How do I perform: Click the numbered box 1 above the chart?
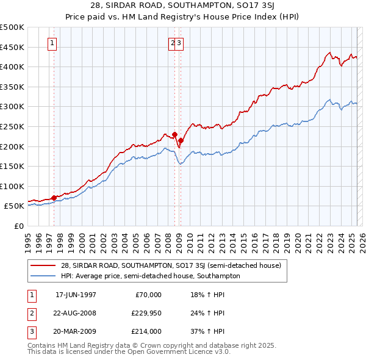(53, 43)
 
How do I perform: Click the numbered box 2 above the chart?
(173, 43)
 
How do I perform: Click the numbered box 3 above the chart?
(181, 43)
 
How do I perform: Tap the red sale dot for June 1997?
(54, 198)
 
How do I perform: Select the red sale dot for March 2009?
(181, 140)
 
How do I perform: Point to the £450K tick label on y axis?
(13, 47)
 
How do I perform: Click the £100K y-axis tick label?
(13, 186)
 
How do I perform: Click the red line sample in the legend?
(43, 265)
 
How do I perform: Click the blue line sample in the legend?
(43, 276)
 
